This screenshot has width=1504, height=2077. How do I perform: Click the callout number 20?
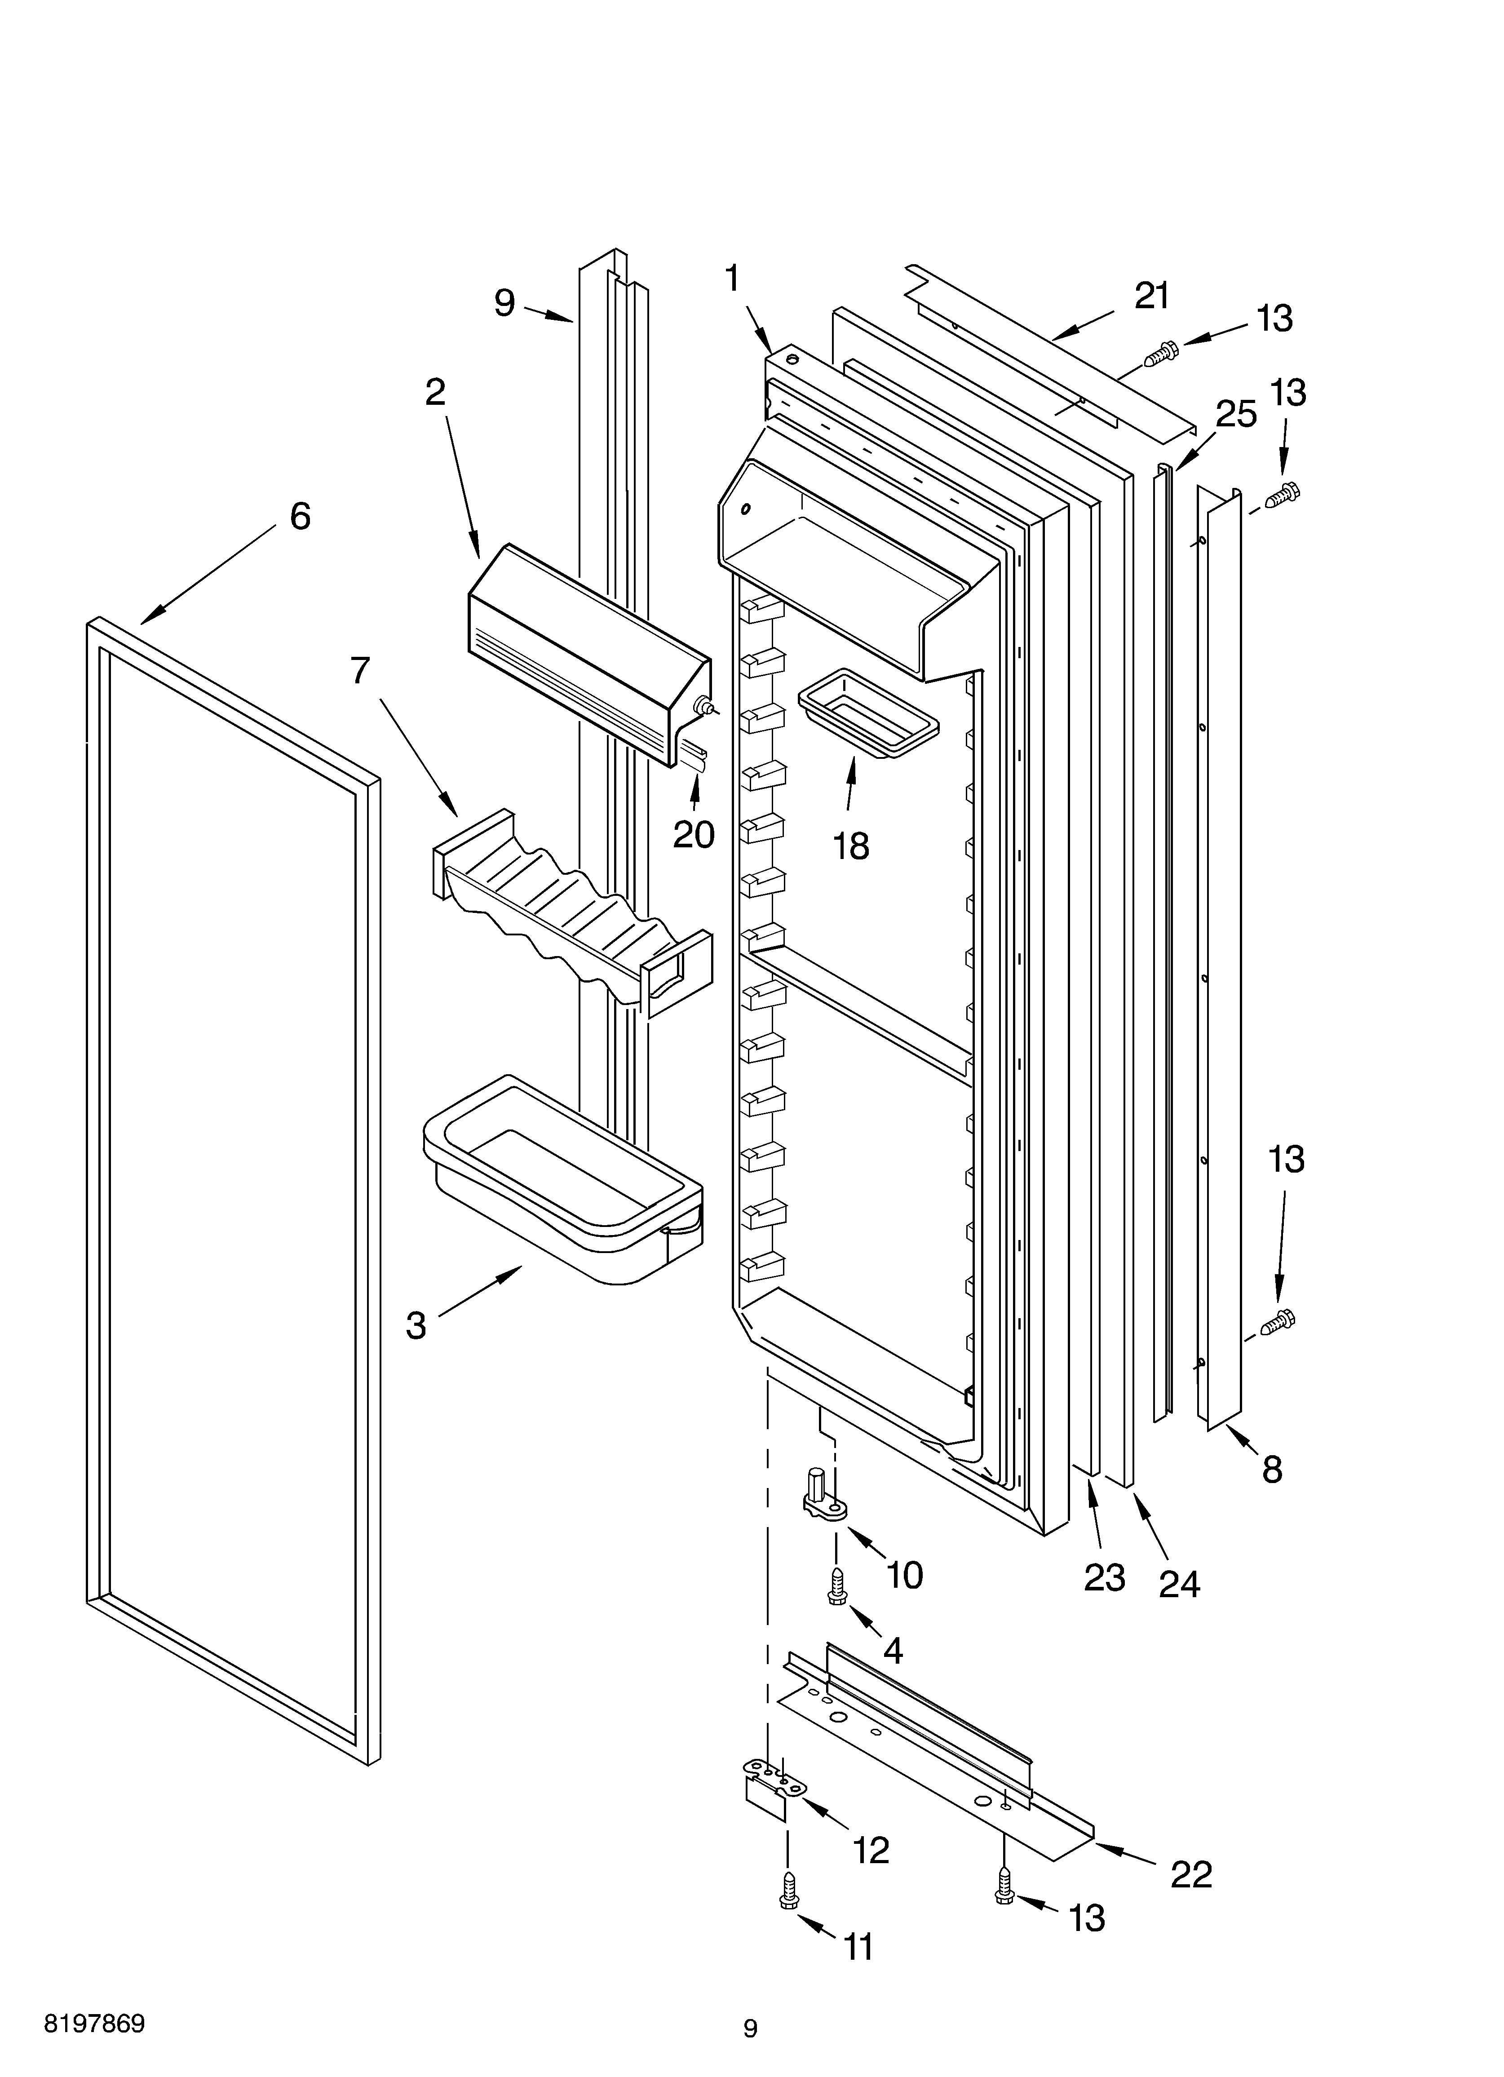694,834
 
